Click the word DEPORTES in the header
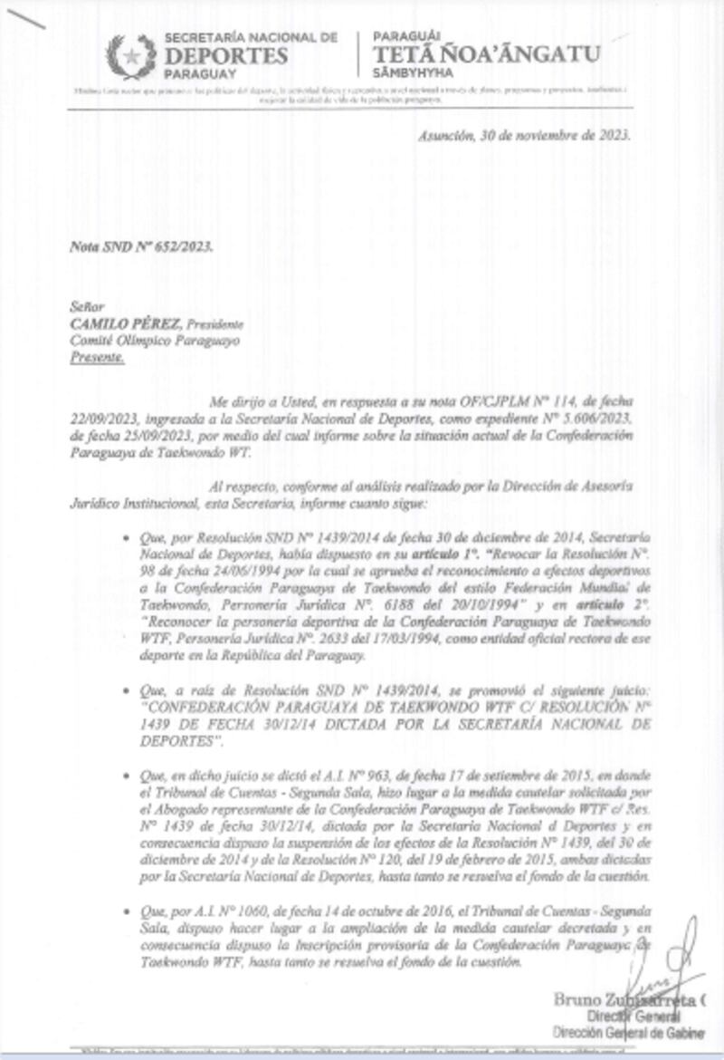[226, 56]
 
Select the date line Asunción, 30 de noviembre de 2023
[524, 135]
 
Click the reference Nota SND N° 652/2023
[142, 246]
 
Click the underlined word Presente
[98, 357]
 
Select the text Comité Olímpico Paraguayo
[156, 341]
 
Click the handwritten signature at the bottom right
[671, 965]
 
